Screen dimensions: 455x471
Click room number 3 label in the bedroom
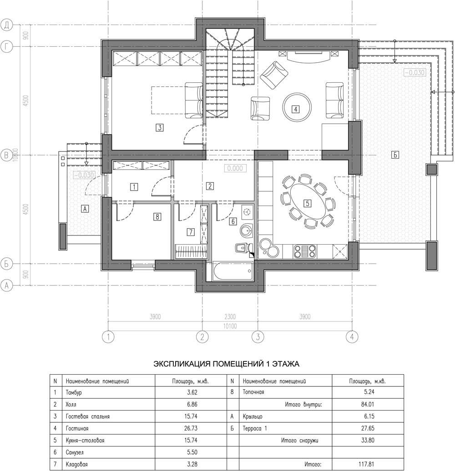click(160, 127)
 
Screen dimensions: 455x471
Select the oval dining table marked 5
click(307, 203)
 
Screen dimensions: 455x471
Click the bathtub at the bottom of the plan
click(233, 271)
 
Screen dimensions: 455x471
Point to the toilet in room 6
click(243, 248)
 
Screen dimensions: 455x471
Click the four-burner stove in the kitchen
click(305, 251)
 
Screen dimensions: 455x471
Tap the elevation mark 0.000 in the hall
click(235, 168)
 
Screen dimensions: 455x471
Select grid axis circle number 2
click(202, 337)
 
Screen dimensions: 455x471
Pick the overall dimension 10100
click(230, 326)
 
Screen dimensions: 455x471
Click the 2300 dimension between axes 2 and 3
click(230, 316)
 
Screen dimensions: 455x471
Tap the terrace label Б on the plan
click(395, 155)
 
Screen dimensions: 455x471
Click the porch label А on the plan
click(85, 209)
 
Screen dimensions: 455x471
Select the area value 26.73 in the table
click(191, 428)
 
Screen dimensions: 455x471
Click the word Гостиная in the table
click(77, 428)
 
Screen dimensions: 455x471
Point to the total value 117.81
click(366, 464)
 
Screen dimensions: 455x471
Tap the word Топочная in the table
click(253, 392)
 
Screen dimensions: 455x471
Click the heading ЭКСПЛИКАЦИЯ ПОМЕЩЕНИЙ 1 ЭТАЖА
click(226, 364)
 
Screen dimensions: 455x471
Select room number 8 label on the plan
click(157, 216)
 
